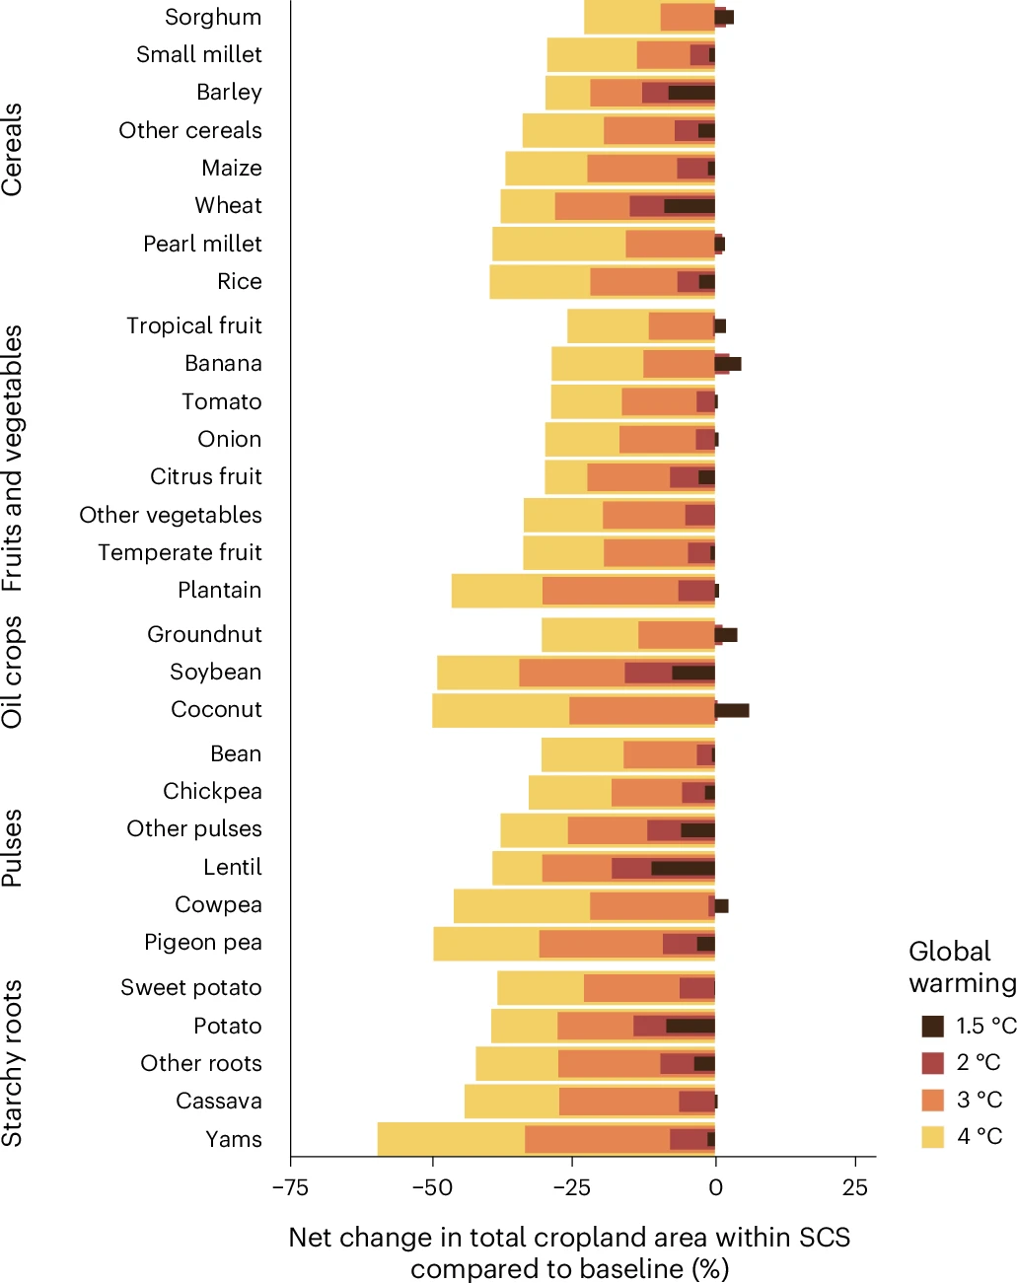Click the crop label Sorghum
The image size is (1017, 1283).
click(x=213, y=17)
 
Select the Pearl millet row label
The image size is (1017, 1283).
click(x=202, y=244)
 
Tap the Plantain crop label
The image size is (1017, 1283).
click(x=219, y=590)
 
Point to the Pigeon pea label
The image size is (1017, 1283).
click(x=202, y=943)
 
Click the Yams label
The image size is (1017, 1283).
click(x=234, y=1139)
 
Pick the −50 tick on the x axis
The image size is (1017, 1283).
click(x=431, y=1187)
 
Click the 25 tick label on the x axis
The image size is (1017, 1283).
click(x=855, y=1187)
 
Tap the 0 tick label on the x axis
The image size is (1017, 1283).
click(x=715, y=1187)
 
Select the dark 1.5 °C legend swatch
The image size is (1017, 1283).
click(x=932, y=1026)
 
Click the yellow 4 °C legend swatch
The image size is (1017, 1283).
click(x=932, y=1136)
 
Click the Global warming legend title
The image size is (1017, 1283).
click(x=962, y=966)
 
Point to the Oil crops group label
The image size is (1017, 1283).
click(x=13, y=673)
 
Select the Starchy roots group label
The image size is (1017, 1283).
click(x=13, y=1063)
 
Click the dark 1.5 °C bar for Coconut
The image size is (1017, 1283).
click(x=732, y=710)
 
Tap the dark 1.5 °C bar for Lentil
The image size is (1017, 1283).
click(x=683, y=868)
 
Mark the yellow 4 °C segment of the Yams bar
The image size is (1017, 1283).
click(x=451, y=1139)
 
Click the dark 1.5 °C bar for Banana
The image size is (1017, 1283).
click(x=728, y=364)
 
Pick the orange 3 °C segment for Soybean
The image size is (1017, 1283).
click(x=572, y=673)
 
